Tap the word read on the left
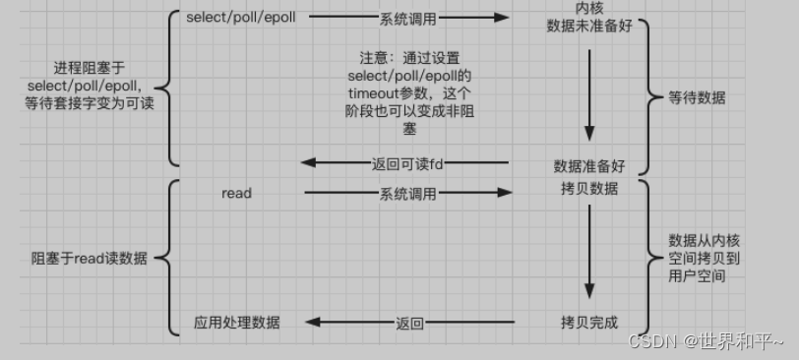[237, 193]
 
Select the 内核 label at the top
[588, 8]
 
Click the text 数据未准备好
[588, 25]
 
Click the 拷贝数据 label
[589, 188]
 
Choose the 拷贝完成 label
[588, 322]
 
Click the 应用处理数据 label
[237, 322]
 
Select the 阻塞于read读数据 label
[90, 258]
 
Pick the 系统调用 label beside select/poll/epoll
[407, 18]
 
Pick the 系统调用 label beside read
[407, 194]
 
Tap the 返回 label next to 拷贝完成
[409, 323]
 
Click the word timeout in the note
[376, 93]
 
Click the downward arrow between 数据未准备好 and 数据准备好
[589, 93]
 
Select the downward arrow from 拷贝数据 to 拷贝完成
[589, 251]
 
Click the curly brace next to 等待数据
[651, 96]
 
